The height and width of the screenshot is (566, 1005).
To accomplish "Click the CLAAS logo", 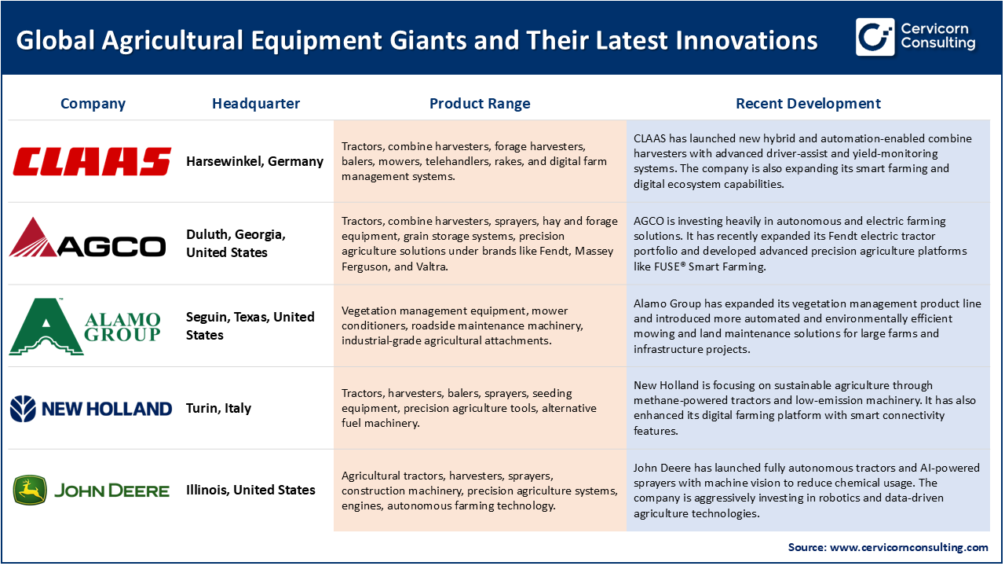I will coord(92,161).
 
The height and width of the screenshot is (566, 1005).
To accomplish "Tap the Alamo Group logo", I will coord(85,326).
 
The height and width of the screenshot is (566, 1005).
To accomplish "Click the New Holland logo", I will coord(91,408).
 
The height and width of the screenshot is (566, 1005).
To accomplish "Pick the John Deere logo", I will coord(91,490).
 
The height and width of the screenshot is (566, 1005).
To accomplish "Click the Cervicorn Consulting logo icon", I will coord(875,37).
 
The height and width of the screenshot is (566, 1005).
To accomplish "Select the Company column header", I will coord(93,104).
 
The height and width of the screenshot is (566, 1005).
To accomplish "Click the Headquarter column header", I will coord(256,104).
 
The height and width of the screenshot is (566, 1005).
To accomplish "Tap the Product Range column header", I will coord(480,104).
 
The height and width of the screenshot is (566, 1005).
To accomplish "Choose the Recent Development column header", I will coord(808,104).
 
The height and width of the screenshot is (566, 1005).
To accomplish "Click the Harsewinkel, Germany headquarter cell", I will coord(254,161).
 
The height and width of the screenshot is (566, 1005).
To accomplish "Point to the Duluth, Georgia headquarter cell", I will coord(236,244).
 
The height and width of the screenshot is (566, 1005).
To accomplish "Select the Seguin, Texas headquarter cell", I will coord(250,325).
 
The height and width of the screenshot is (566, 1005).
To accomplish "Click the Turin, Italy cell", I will coord(218,408).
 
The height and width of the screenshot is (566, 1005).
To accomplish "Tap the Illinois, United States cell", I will coord(250,490).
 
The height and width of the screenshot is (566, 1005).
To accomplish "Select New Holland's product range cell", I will coord(480,408).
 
